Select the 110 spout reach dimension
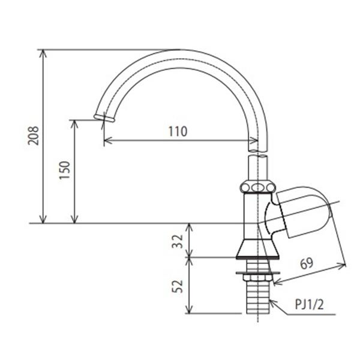click(x=178, y=131)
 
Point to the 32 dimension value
click(x=177, y=241)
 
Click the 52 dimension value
click(x=177, y=286)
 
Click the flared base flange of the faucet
click(x=258, y=250)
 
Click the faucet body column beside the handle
click(x=251, y=216)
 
